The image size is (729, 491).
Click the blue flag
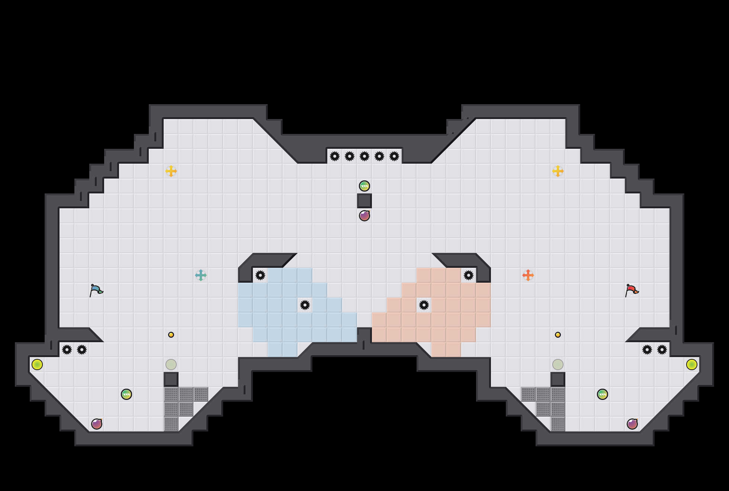96,290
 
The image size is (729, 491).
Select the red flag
632,290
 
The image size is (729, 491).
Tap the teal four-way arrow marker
201,275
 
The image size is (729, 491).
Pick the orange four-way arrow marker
528,275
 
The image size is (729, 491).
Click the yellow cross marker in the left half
171,171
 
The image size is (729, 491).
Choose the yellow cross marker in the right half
558,171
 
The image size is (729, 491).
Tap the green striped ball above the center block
364,186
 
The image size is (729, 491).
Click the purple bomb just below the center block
364,216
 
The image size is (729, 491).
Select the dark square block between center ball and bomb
364,201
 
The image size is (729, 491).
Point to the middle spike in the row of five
364,156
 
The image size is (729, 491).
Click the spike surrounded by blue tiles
305,305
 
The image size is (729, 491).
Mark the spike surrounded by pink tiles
424,305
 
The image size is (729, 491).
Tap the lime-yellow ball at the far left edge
37,365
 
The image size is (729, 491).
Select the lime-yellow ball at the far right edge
692,365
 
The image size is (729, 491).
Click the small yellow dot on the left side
171,335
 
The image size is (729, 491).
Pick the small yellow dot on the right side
558,335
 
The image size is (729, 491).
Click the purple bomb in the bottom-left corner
97,424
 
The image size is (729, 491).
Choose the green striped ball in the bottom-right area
603,394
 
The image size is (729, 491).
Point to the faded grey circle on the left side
171,365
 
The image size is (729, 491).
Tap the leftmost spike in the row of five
335,156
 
